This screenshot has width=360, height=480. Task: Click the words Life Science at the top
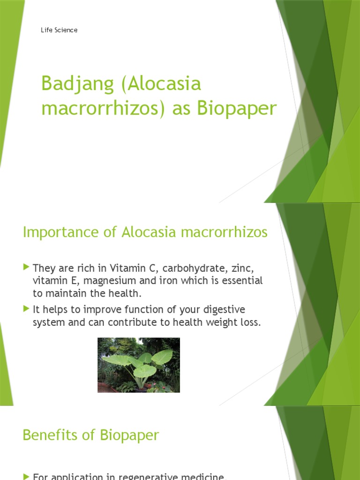pyautogui.click(x=59, y=30)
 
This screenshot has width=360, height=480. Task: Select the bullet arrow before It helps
pyautogui.click(x=26, y=309)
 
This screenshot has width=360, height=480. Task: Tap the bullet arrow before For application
pyautogui.click(x=26, y=476)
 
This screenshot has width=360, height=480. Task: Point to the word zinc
pyautogui.click(x=243, y=269)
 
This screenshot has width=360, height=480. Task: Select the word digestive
pyautogui.click(x=223, y=310)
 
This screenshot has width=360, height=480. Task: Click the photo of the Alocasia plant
pyautogui.click(x=138, y=365)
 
